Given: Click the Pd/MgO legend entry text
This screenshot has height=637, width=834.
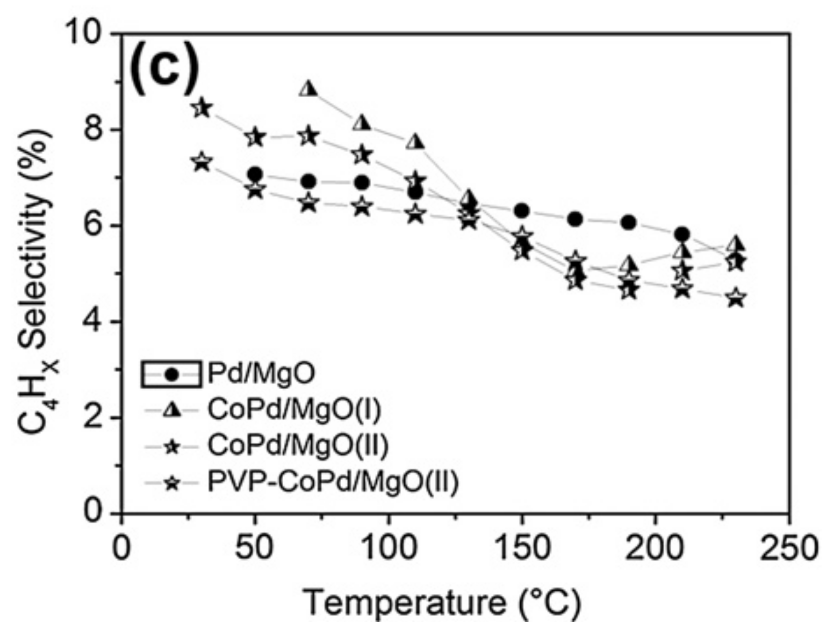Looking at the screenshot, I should [261, 374].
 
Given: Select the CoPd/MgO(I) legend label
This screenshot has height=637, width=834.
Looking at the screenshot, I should [293, 410].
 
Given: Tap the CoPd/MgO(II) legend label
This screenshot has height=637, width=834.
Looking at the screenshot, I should [297, 446].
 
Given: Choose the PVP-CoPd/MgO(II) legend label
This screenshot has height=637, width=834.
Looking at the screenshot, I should [333, 482].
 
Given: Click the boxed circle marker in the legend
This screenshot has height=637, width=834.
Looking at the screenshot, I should [172, 374].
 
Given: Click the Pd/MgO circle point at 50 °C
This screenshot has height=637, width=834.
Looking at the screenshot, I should [255, 175].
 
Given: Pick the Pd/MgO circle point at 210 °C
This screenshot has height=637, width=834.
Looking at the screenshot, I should [682, 235].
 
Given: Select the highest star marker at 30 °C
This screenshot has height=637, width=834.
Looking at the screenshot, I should [202, 108].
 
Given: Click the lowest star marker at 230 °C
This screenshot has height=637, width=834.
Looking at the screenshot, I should [735, 298].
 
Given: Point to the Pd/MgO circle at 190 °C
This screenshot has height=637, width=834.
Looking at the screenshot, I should [629, 222].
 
